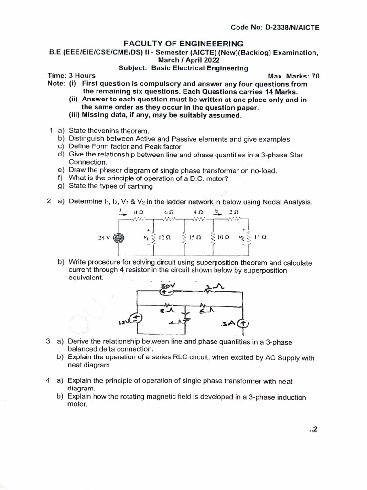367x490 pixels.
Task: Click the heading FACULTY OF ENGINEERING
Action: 183,43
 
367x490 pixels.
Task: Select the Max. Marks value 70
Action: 315,76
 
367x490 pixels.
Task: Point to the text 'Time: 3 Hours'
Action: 71,76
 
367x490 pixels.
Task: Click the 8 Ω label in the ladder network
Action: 139,212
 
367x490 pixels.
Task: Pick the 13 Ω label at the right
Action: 260,237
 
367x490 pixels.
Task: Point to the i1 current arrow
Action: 120,212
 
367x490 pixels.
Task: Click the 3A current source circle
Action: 244,324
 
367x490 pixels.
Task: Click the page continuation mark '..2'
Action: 313,429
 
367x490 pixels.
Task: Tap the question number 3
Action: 48,342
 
